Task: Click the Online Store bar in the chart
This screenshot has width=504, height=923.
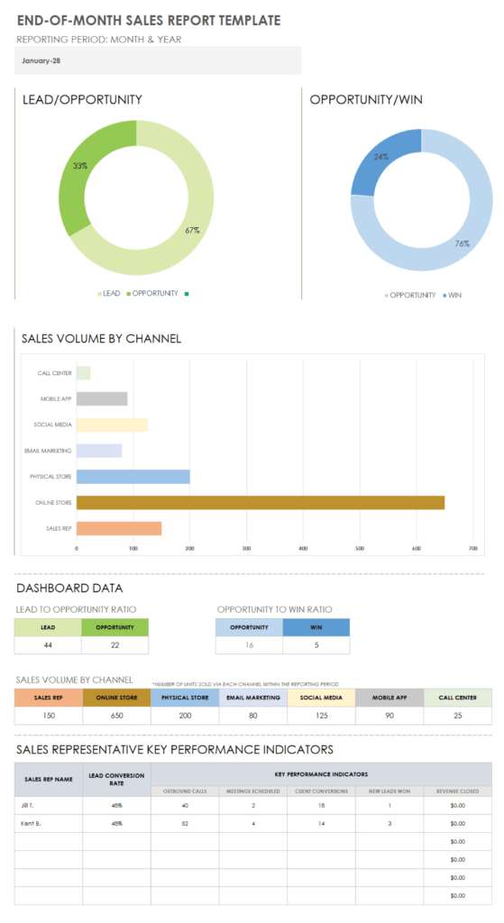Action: tap(260, 502)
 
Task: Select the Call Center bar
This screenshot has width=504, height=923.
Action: tap(83, 372)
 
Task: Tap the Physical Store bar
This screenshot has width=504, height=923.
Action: tap(133, 476)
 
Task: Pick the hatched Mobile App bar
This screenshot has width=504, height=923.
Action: tap(101, 398)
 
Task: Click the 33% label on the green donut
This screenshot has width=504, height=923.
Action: tap(80, 166)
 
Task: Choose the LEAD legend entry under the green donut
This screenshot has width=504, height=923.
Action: tap(111, 293)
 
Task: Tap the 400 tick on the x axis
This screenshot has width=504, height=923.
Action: tap(303, 547)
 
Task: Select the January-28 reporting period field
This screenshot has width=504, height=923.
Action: tap(158, 61)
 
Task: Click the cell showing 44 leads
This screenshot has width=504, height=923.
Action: tap(48, 645)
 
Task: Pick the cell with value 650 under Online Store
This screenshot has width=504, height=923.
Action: tap(116, 716)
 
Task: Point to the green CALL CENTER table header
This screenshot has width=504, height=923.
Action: tap(457, 698)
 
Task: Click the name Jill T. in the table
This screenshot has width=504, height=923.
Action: tap(32, 805)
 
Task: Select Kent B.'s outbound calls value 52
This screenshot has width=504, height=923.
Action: tap(185, 823)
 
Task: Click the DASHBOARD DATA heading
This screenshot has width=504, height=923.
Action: tap(69, 589)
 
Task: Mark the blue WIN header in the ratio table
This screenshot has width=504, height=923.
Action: tap(316, 627)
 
